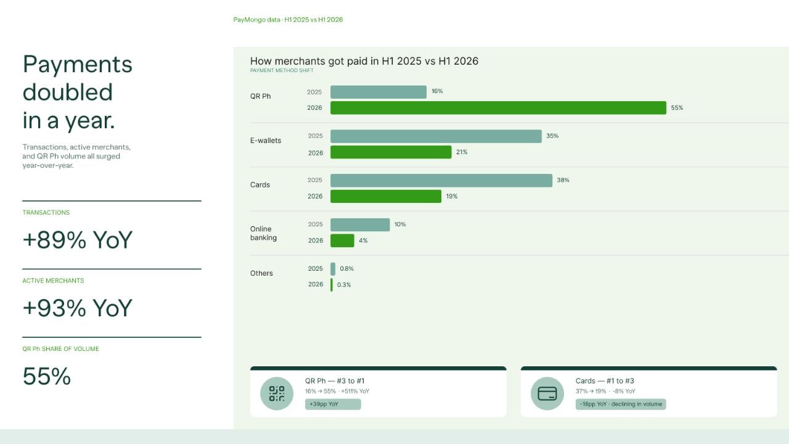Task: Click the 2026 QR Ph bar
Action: pyautogui.click(x=498, y=108)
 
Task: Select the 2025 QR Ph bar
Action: pyautogui.click(x=378, y=92)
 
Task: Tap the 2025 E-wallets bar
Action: pyautogui.click(x=436, y=136)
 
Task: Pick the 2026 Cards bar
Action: pyautogui.click(x=386, y=196)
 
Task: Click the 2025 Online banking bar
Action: pyautogui.click(x=360, y=225)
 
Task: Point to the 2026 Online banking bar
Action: pyautogui.click(x=342, y=240)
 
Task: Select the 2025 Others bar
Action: pyautogui.click(x=333, y=269)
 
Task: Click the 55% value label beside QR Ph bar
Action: pyautogui.click(x=677, y=108)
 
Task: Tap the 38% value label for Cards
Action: pyautogui.click(x=563, y=180)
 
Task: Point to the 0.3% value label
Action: pyautogui.click(x=344, y=285)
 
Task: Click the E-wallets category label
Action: pyautogui.click(x=266, y=141)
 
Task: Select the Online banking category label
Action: pyautogui.click(x=263, y=233)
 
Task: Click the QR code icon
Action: pyautogui.click(x=277, y=393)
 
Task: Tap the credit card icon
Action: pyautogui.click(x=547, y=393)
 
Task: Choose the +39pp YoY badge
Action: pyautogui.click(x=333, y=404)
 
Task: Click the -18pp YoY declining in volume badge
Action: pyautogui.click(x=621, y=404)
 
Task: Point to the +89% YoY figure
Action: pyautogui.click(x=78, y=240)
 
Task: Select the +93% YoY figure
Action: pyautogui.click(x=78, y=308)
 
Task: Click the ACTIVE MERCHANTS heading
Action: pyautogui.click(x=53, y=281)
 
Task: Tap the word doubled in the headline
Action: pyautogui.click(x=68, y=92)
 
